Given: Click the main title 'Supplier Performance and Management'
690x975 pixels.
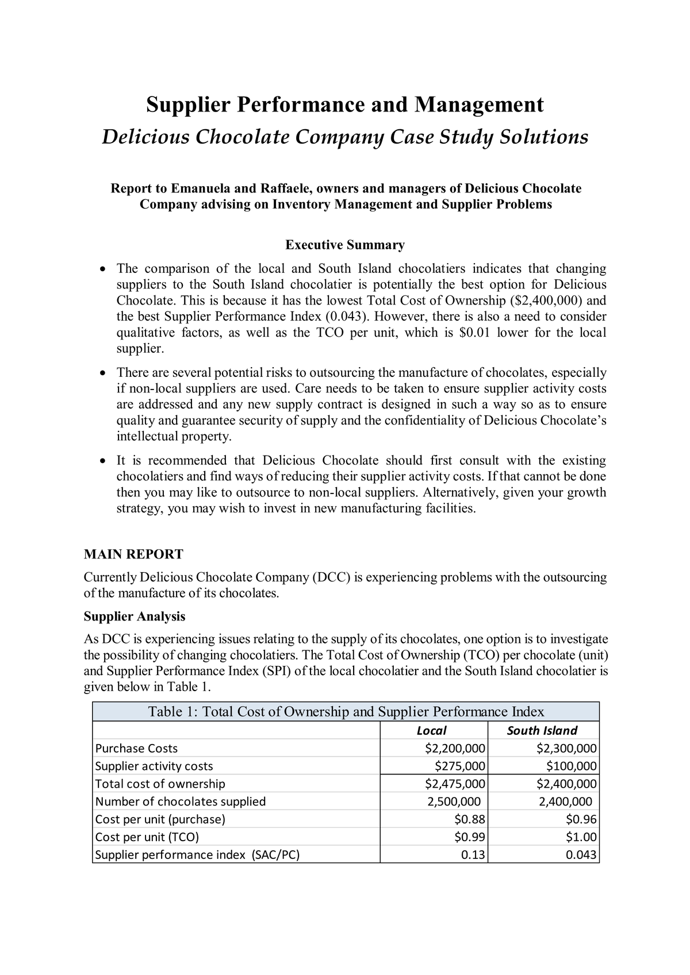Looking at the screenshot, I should click(344, 105).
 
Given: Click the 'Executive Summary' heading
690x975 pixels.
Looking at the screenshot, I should click(345, 245).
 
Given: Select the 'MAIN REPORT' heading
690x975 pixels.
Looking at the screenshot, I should click(133, 554).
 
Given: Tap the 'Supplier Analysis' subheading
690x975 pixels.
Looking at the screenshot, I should click(135, 616).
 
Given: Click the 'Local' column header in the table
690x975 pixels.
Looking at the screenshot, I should click(431, 730).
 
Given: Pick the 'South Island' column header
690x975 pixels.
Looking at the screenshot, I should click(542, 730).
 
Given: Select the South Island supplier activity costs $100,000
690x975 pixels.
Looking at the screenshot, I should click(571, 766).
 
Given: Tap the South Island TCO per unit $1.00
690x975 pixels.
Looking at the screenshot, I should click(581, 837).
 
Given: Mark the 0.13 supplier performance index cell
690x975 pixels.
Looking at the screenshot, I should click(473, 855).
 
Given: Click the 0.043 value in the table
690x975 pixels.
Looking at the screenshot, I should click(581, 855).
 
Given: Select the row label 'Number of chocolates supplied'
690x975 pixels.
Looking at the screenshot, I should click(180, 801).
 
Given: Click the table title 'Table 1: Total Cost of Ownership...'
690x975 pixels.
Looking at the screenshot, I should click(346, 712).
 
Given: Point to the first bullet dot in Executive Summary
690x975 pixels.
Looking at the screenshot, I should click(102, 269).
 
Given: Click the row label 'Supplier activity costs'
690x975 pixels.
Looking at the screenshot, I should click(154, 766).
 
